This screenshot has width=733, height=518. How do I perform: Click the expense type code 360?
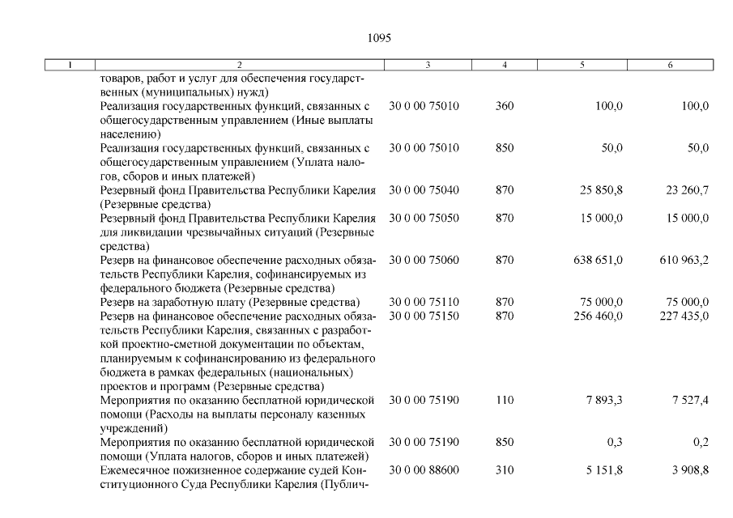(x=505, y=106)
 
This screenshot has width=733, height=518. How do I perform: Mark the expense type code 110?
(x=505, y=400)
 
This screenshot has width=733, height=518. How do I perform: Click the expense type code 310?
(x=505, y=470)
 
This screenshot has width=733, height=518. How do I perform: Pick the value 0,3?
(x=615, y=443)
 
